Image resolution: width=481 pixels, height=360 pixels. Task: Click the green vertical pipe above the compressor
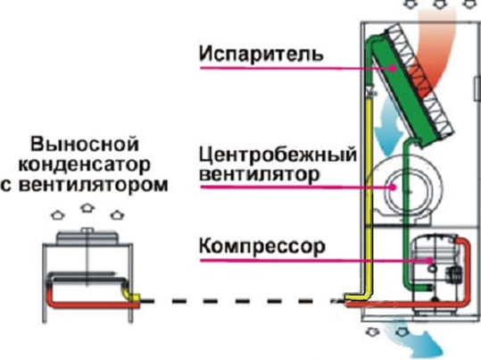click(x=405, y=205)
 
